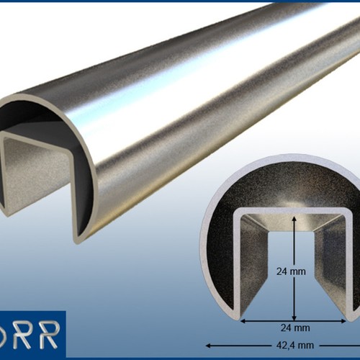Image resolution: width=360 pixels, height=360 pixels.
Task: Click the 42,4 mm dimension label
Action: (x=295, y=346)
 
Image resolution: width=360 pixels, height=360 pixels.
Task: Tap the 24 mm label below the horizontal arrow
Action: (x=295, y=328)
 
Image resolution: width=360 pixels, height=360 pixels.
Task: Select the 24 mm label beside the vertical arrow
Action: (x=291, y=271)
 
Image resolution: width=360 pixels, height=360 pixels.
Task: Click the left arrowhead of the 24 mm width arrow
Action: (x=243, y=321)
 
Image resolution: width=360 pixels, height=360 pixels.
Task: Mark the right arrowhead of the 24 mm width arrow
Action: (x=343, y=321)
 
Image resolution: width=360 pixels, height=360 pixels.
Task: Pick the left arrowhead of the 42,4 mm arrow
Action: (x=209, y=346)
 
